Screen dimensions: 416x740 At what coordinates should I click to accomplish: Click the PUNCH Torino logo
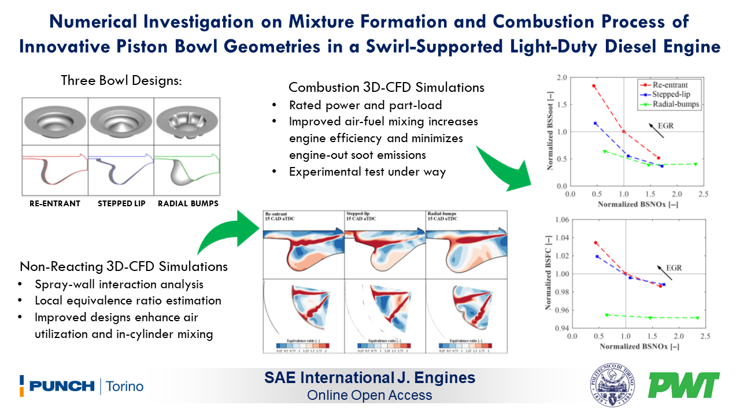(81, 386)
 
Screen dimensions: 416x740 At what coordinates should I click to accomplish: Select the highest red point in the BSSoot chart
(594, 86)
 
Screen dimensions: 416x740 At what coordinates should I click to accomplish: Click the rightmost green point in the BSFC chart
(697, 318)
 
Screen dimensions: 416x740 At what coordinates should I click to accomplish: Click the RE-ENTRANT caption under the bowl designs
(54, 203)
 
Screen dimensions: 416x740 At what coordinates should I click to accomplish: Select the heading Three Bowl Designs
(121, 80)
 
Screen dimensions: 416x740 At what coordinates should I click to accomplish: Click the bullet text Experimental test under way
(367, 172)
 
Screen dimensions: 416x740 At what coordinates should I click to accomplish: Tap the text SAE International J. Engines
(369, 378)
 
